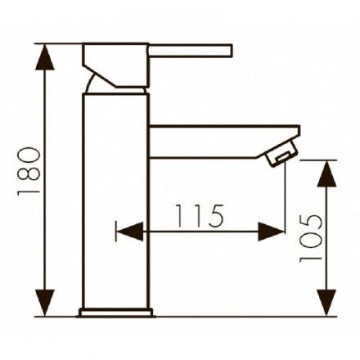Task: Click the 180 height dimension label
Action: (x=29, y=171)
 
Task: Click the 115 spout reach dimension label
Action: (x=200, y=216)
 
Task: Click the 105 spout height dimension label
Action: (x=311, y=238)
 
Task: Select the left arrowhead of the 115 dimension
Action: (x=130, y=232)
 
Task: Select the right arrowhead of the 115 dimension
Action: (x=271, y=232)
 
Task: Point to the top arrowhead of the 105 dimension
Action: (x=326, y=173)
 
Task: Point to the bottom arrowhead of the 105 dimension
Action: (x=326, y=303)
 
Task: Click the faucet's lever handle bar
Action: (x=191, y=51)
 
